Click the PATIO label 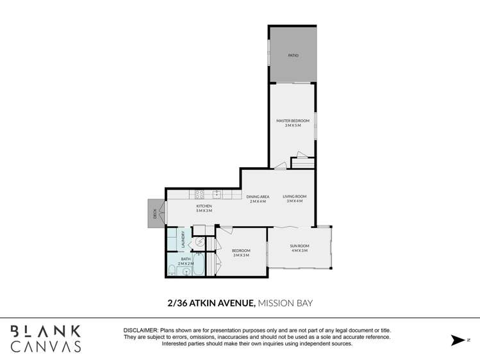(292, 56)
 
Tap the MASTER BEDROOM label (292, 121)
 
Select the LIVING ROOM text (295, 197)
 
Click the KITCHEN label (204, 206)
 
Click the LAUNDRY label (183, 240)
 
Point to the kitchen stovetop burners (199, 193)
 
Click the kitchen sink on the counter (217, 193)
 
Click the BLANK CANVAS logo (46, 339)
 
